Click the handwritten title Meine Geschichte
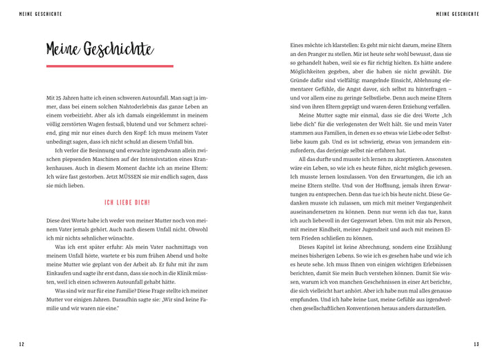pos(100,49)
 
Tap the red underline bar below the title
pos(100,66)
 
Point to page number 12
pos(22,344)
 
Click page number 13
pos(476,344)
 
